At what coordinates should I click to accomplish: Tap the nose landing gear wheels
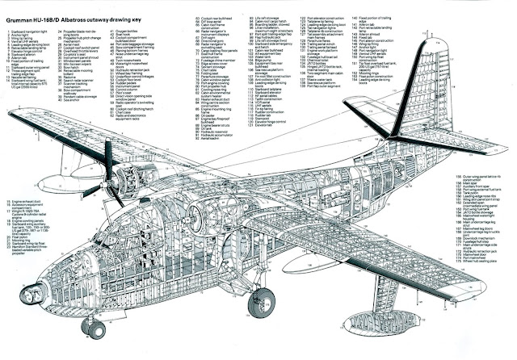pos(95,327)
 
